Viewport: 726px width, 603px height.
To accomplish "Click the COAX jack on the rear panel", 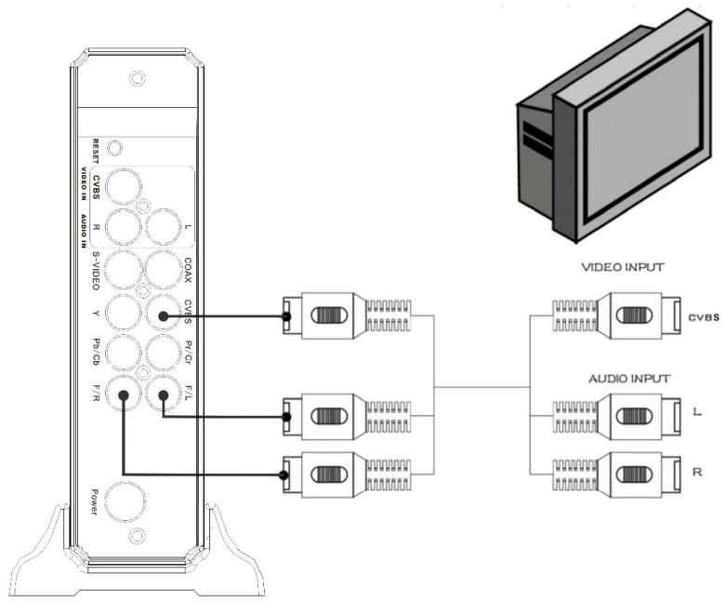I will (164, 270).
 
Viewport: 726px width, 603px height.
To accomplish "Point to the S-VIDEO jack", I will (122, 270).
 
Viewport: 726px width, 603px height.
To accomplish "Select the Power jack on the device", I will (123, 502).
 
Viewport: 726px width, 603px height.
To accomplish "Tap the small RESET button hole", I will (113, 147).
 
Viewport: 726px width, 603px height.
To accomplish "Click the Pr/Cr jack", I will (164, 355).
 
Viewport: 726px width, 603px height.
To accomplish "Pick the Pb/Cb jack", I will (122, 355).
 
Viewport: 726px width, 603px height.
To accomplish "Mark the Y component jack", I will (122, 314).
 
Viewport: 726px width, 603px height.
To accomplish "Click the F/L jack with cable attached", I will (164, 398).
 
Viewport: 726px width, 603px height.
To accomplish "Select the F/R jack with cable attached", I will (122, 398).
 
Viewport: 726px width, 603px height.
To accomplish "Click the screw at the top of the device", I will (137, 78).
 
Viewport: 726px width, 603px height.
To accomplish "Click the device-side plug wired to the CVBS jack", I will (321, 315).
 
